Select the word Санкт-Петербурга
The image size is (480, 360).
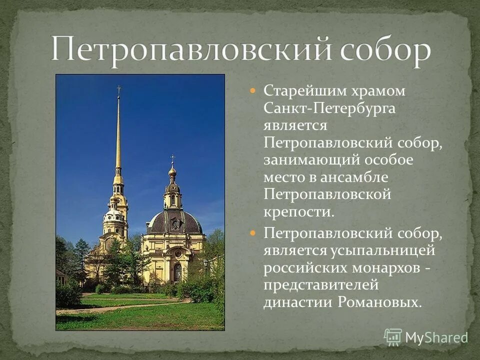tap(330, 109)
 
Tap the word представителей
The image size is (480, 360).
tap(321, 285)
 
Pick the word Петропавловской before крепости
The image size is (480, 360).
tap(327, 195)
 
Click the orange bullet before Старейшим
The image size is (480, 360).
tap(253, 91)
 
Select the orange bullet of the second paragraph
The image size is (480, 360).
tap(253, 233)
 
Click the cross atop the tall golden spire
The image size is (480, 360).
tap(119, 90)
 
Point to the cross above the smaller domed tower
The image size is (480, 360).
tap(173, 158)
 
